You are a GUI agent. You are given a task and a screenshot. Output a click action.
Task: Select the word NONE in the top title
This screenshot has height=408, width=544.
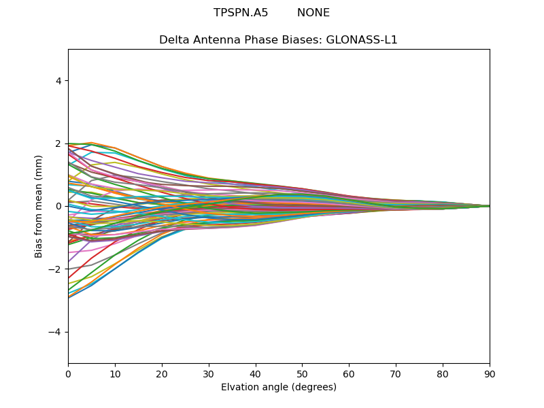(313, 13)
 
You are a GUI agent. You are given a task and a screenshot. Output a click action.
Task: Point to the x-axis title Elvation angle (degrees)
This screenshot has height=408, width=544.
(279, 388)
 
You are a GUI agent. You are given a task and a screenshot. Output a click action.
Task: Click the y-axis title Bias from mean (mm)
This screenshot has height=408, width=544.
(39, 205)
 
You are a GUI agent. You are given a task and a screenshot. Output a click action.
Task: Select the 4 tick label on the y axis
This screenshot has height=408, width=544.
(59, 81)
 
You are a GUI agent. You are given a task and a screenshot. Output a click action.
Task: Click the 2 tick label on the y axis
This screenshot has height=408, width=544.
(59, 143)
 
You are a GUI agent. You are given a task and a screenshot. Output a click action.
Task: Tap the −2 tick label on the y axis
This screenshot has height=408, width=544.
(56, 269)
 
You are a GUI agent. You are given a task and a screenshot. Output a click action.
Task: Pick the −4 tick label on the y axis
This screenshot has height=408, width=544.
(56, 332)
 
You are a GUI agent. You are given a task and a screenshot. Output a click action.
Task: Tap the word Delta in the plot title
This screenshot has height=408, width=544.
(173, 40)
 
